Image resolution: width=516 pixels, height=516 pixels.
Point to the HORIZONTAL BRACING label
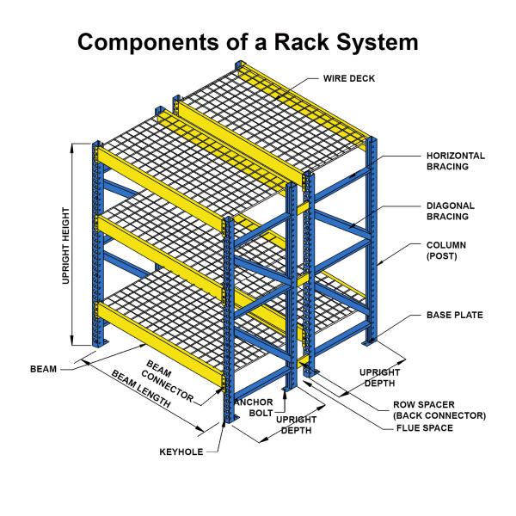pos(457,161)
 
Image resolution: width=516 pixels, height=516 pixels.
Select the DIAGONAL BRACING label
pos(451,212)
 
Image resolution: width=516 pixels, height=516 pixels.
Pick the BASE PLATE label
pos(455,316)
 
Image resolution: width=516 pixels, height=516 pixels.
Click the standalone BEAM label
pos(44,369)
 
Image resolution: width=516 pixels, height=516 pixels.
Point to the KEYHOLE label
pos(181,451)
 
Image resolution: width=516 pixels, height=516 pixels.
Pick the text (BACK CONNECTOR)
pos(439,415)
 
